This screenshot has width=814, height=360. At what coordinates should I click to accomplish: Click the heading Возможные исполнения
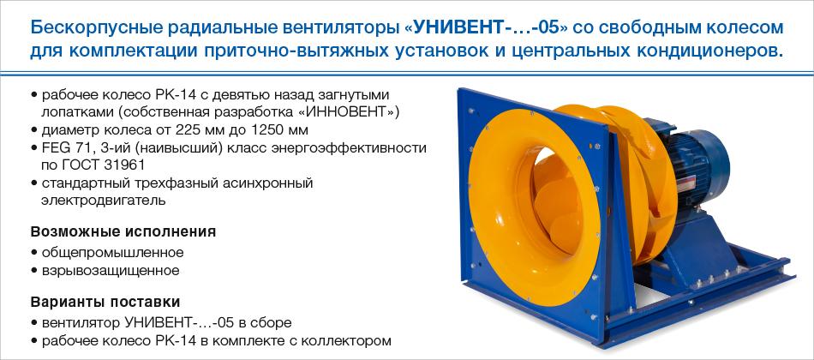click(123, 231)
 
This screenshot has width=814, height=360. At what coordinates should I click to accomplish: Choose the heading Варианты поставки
click(105, 302)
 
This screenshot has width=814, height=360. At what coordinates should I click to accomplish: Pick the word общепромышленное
click(112, 253)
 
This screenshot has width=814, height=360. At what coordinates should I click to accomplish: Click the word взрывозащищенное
click(110, 271)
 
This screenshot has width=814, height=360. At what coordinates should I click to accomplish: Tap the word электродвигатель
click(104, 201)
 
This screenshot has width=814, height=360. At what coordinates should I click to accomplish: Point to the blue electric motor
click(696, 161)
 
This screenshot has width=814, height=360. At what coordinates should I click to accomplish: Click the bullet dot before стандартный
click(33, 183)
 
